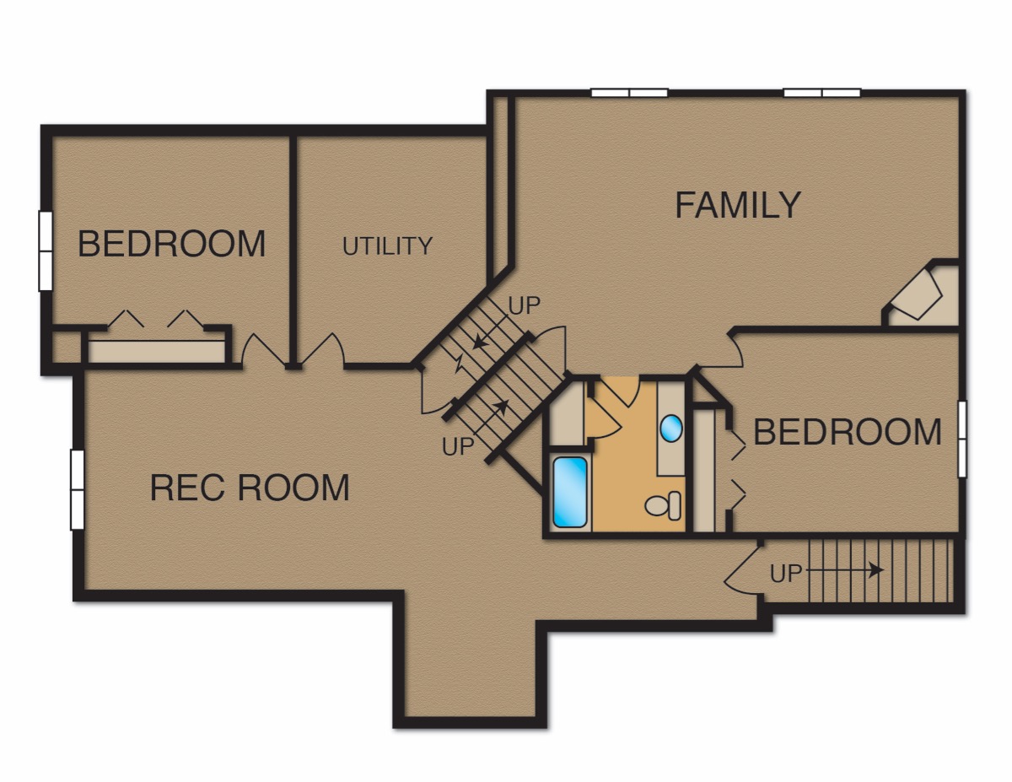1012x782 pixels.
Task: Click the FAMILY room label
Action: tap(738, 205)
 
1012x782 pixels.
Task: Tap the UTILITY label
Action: tap(387, 246)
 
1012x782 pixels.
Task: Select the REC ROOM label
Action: tap(250, 488)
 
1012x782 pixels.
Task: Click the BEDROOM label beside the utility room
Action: tap(171, 244)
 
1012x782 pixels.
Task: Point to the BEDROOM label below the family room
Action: tap(848, 432)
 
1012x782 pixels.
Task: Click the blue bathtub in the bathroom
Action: tap(569, 492)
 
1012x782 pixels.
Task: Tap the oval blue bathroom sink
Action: tap(671, 428)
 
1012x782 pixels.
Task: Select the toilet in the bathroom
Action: tap(663, 505)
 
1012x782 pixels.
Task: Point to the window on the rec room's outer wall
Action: tap(78, 489)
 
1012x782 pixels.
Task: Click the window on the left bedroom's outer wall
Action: tap(46, 251)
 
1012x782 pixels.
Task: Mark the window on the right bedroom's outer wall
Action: tap(961, 439)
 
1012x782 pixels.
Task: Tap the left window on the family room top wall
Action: tap(630, 93)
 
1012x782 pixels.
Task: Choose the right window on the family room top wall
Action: tap(822, 93)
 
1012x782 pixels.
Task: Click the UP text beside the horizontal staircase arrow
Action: tap(786, 574)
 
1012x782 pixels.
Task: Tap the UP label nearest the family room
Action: tap(525, 306)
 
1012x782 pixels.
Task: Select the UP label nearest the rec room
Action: tap(458, 446)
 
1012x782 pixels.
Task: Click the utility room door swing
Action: tap(323, 348)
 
